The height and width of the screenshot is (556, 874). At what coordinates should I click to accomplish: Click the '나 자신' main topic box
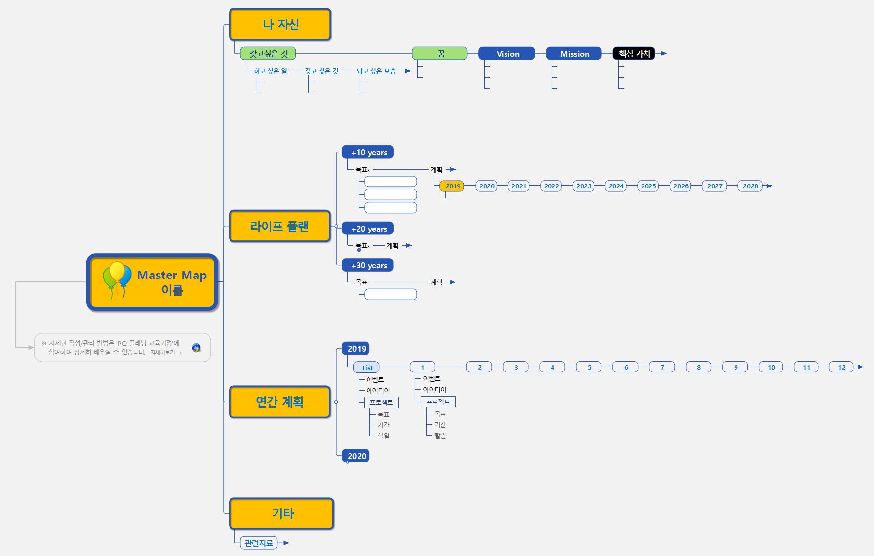pyautogui.click(x=280, y=24)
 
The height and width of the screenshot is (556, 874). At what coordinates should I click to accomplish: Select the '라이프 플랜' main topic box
pyautogui.click(x=279, y=226)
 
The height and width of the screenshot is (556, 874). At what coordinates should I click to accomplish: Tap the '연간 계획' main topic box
pyautogui.click(x=279, y=402)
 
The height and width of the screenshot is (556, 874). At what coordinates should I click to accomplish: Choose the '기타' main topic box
pyautogui.click(x=282, y=513)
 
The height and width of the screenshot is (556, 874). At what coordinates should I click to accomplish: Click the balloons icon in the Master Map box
pyautogui.click(x=117, y=279)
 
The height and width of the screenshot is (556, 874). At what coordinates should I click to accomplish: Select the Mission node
pyautogui.click(x=574, y=54)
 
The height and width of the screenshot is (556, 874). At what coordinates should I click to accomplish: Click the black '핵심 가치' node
pyautogui.click(x=634, y=54)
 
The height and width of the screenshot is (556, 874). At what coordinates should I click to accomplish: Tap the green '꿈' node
pyautogui.click(x=440, y=53)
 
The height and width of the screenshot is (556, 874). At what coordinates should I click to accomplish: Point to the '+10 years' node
pyautogui.click(x=368, y=152)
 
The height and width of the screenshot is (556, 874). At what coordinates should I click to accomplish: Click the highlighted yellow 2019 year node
pyautogui.click(x=452, y=186)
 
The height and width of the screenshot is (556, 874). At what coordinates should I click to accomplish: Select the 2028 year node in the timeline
pyautogui.click(x=750, y=186)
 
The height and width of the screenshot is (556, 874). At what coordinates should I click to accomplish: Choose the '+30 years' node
pyautogui.click(x=368, y=265)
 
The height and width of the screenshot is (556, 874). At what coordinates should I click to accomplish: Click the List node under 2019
pyautogui.click(x=367, y=368)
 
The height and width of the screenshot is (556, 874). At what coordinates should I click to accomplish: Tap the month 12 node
pyautogui.click(x=841, y=367)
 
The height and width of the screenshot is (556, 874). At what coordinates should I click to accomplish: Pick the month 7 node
pyautogui.click(x=662, y=367)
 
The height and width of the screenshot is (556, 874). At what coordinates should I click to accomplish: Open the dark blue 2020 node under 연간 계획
pyautogui.click(x=356, y=456)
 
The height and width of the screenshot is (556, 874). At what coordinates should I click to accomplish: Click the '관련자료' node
pyautogui.click(x=259, y=543)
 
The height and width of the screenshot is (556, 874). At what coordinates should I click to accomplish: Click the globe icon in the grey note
pyautogui.click(x=197, y=348)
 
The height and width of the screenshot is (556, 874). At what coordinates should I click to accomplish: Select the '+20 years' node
pyautogui.click(x=368, y=229)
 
